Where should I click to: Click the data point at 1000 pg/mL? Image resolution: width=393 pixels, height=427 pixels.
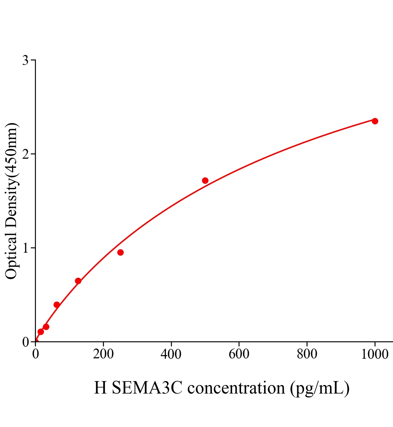point(374,121)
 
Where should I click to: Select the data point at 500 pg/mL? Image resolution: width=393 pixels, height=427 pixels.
point(205,180)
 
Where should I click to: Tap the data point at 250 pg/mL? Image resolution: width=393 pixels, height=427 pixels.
point(120,252)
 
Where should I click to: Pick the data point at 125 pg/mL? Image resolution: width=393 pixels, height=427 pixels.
point(78,281)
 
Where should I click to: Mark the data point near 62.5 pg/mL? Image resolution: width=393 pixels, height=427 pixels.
point(57,305)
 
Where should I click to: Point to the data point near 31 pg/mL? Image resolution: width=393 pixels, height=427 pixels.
point(46,327)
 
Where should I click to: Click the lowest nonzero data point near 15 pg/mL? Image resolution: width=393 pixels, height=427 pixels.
point(41,332)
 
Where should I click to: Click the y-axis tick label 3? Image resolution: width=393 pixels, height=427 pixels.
point(26,60)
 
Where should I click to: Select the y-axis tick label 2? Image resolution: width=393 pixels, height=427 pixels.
point(26,154)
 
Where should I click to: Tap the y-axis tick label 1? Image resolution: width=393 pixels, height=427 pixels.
point(26,248)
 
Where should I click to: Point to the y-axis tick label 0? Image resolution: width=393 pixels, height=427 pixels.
point(26,342)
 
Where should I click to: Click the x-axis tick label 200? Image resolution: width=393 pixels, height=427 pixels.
point(103,354)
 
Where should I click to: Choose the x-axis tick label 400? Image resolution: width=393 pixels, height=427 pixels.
point(171,354)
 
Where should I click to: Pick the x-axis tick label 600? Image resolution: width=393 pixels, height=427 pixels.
point(239,354)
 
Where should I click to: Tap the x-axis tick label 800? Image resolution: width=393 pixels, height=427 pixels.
point(307,354)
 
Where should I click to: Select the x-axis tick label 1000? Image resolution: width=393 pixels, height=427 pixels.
point(374,354)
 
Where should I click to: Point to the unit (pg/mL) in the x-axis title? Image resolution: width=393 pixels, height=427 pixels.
point(320,388)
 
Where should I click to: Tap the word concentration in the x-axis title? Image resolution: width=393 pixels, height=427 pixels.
point(236,388)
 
